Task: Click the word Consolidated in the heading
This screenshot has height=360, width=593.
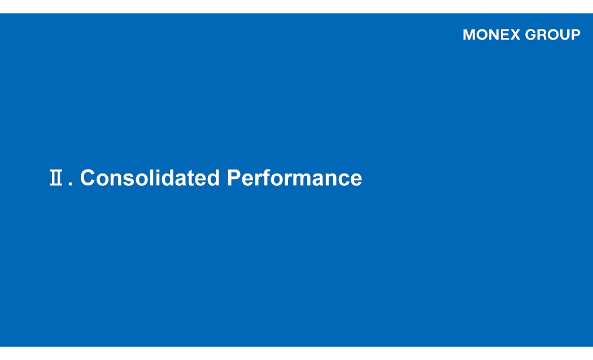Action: point(150,177)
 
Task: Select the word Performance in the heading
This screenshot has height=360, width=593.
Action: point(294,177)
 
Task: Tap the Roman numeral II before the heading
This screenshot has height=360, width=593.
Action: point(56,177)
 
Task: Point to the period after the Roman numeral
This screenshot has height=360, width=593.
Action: point(71,184)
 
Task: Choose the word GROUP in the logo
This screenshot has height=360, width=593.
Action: point(552,35)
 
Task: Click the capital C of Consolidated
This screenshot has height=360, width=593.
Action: point(87,177)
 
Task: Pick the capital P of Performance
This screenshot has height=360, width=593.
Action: point(234,177)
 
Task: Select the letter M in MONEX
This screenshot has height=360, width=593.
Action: point(469,35)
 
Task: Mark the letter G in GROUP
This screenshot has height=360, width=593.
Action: point(531,35)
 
